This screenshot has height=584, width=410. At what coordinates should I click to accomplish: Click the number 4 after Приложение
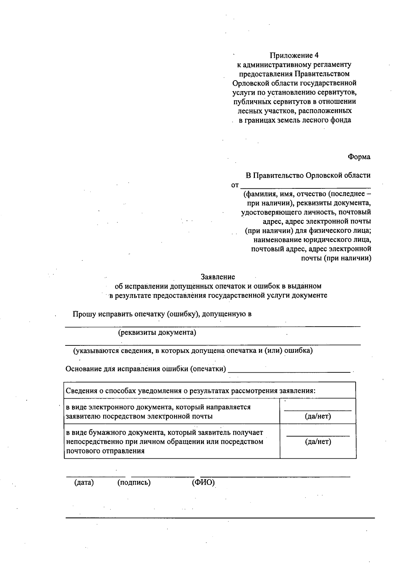coord(316,55)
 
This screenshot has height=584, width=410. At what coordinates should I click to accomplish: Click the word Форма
coord(359,157)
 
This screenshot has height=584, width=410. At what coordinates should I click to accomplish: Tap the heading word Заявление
coord(218,277)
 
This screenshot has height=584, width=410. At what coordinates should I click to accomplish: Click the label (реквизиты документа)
coord(157,332)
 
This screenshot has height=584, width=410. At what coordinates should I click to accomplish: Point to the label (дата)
coord(84,483)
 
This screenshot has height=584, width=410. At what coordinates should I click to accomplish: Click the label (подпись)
coord(134,483)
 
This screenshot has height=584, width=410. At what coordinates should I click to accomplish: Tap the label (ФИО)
coord(203,483)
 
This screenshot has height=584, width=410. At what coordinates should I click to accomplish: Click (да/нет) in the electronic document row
coord(318,416)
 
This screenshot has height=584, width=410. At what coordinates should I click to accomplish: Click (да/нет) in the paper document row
coord(318,442)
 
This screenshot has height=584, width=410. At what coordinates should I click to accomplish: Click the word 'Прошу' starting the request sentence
coord(84,314)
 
